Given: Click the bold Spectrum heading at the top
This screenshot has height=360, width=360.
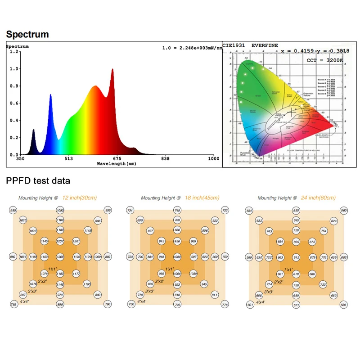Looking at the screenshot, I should (27, 34).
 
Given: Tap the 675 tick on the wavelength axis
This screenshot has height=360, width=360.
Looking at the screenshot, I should (117, 159).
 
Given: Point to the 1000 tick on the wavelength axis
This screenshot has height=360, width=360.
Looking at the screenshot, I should (213, 159).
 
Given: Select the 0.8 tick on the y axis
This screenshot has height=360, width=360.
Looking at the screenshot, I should (13, 86).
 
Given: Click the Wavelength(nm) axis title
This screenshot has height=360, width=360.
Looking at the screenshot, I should (117, 164).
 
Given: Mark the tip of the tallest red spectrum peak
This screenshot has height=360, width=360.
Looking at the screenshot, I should (112, 69).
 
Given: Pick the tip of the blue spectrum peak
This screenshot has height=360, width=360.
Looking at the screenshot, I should (50, 94).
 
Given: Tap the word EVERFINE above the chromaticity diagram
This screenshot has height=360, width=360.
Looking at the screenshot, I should (265, 45).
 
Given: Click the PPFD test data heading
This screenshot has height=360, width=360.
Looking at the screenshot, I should (38, 181).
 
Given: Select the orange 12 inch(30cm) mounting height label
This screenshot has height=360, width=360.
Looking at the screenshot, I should (80, 198).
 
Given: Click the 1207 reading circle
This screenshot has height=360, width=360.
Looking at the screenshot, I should (60, 242).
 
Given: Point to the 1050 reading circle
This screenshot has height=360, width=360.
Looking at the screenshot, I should (60, 210).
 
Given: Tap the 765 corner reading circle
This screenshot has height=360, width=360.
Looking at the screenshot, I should (13, 305).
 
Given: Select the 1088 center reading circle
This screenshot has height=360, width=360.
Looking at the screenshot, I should (177, 257).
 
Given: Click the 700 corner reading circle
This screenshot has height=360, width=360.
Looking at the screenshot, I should (131, 305).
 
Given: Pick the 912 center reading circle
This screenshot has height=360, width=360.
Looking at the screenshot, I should (296, 257).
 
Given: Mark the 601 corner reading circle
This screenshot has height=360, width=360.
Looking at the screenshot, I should (250, 305).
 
